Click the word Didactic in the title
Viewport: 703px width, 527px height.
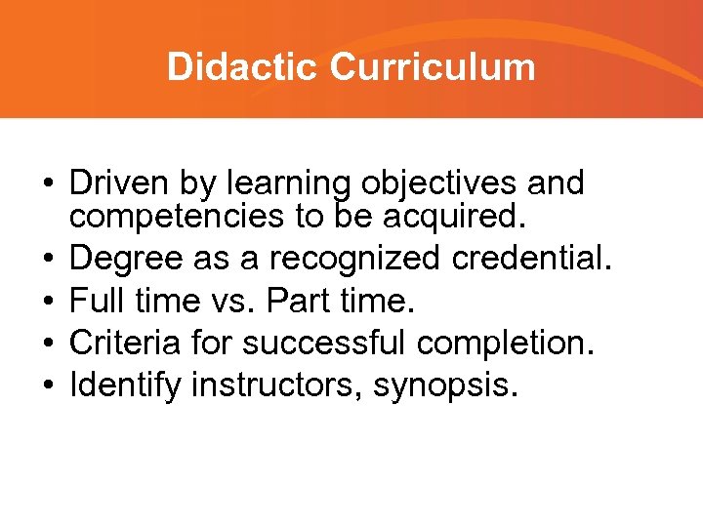click(x=243, y=67)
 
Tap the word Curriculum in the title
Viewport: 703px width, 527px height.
click(x=433, y=67)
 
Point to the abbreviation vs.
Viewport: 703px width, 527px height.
click(x=228, y=302)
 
